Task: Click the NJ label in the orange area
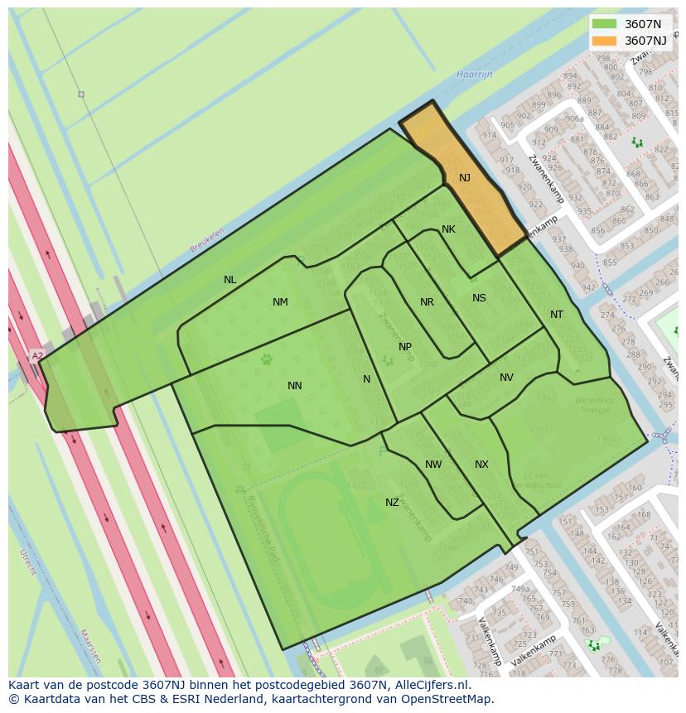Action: coord(464,178)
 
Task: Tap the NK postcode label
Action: coord(448,229)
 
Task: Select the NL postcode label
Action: coord(230,280)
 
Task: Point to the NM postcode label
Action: coord(280,302)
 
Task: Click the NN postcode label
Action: coord(295,386)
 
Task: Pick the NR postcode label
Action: coord(427,302)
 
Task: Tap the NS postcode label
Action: coord(479,298)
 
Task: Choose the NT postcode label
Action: coord(557,315)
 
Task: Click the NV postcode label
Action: coord(506,378)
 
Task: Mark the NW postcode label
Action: coord(433,465)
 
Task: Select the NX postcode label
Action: coord(481,465)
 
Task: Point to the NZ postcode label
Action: coord(392,503)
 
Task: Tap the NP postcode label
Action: coord(405,347)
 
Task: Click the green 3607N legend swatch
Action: coord(605,24)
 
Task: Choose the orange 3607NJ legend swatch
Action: coord(605,41)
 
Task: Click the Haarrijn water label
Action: coord(474,75)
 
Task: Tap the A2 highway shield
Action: coord(36,356)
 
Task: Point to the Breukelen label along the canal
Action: coord(207,240)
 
